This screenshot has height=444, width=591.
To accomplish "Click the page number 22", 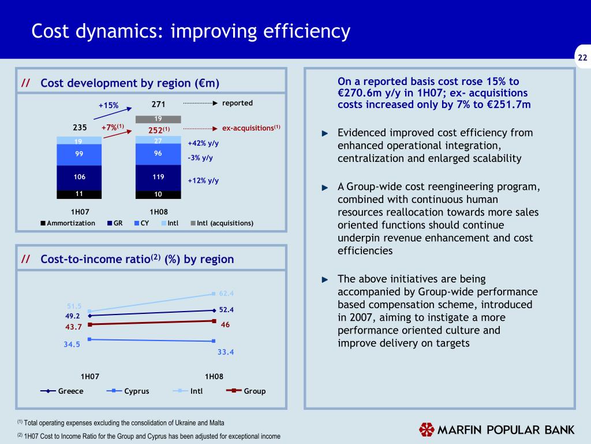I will pos(582,57).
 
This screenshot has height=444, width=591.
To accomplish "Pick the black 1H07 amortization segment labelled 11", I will pos(80,194).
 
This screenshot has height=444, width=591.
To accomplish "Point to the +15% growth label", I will pos(109,105).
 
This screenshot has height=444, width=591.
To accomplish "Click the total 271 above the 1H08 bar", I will pos(158,105).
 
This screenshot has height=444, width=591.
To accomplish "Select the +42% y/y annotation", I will pos(204,143).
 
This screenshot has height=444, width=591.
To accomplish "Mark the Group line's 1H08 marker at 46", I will pos(214,321).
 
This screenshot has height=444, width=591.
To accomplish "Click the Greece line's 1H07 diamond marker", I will pos(89,316).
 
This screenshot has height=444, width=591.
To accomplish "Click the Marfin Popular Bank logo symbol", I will pos(427,430).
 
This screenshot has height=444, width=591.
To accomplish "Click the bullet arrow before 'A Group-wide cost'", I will pos(325,187).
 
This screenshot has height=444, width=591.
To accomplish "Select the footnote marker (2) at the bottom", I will pos(19,436).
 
